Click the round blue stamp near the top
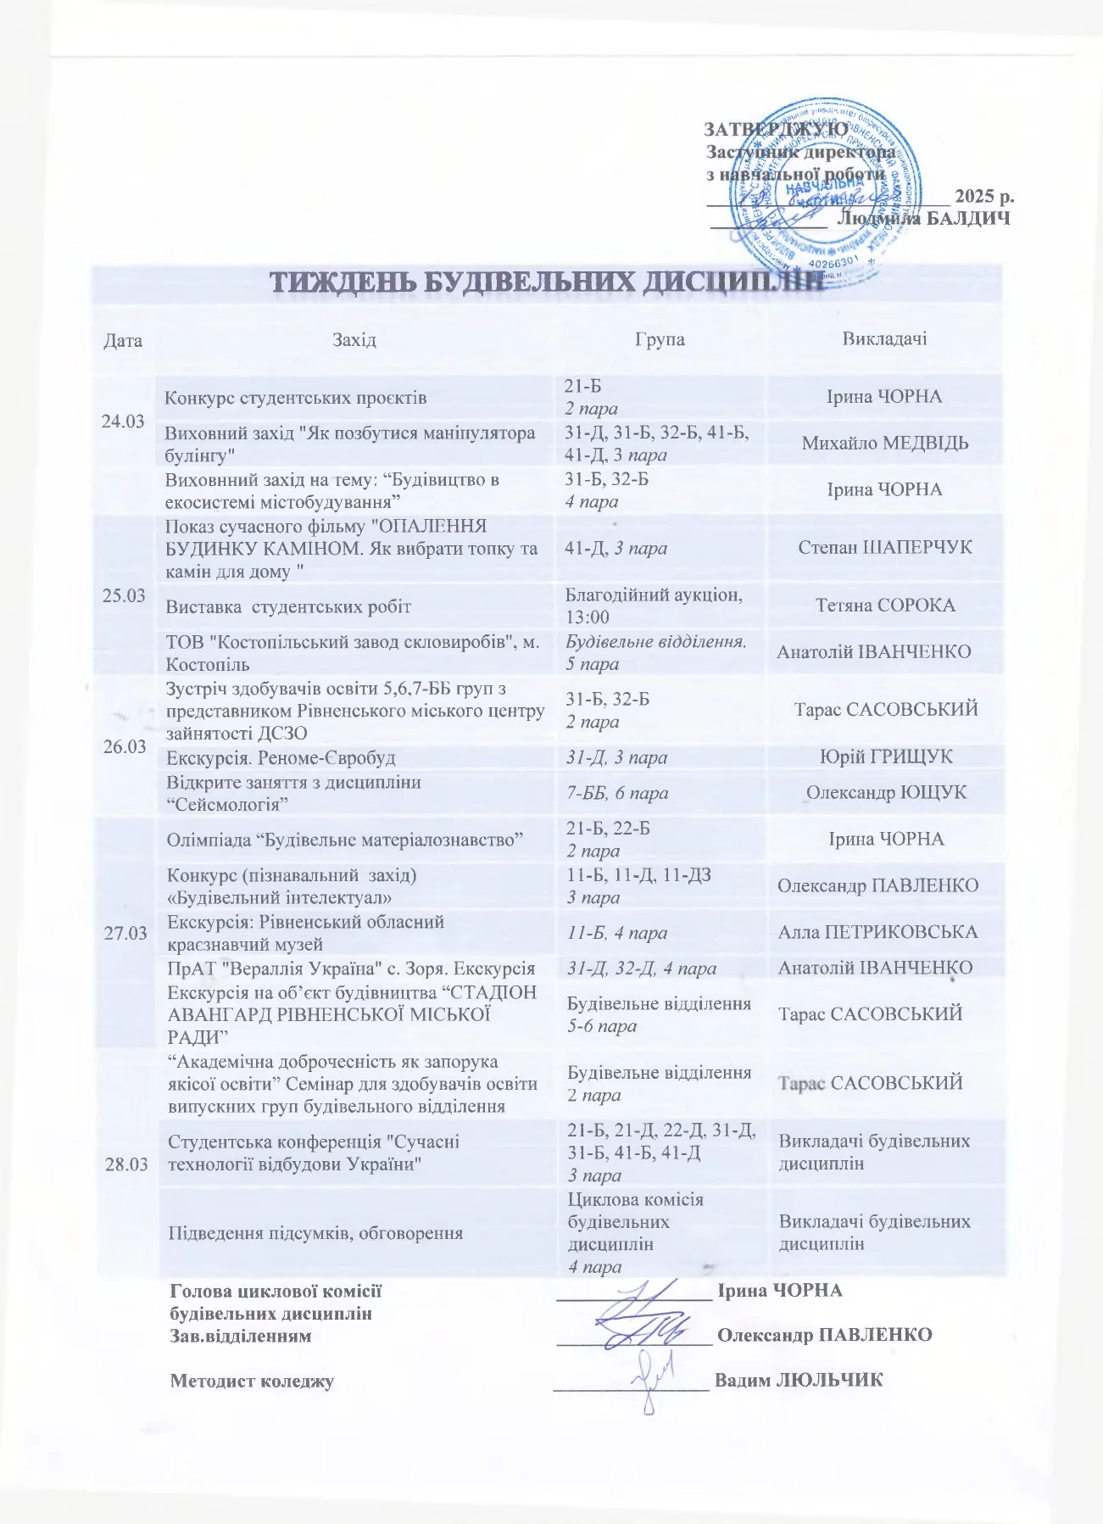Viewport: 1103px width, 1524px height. tap(826, 190)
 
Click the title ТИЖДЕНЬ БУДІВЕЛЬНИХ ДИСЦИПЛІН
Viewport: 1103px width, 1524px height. tap(547, 283)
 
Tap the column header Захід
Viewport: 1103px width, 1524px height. tap(354, 340)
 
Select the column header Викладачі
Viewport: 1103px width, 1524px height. tap(884, 338)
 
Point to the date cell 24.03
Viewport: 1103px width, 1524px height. tap(123, 421)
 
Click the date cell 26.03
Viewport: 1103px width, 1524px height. tap(124, 746)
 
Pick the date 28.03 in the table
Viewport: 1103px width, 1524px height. tap(125, 1164)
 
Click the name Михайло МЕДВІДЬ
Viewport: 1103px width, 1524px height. tap(885, 444)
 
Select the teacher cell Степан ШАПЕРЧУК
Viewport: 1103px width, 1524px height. tap(885, 548)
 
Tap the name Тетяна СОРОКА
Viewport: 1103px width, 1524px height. tap(885, 606)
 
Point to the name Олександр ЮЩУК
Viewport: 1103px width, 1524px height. tap(886, 793)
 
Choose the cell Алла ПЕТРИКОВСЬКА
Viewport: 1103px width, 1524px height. tap(877, 932)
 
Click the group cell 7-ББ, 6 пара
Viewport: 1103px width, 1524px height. tap(617, 793)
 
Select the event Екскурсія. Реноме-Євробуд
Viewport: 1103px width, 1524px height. tap(281, 757)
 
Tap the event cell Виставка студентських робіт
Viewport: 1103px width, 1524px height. tap(288, 606)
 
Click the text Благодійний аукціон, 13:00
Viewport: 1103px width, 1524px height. tap(654, 606)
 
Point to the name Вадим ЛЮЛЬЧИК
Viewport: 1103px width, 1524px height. tap(799, 1380)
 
